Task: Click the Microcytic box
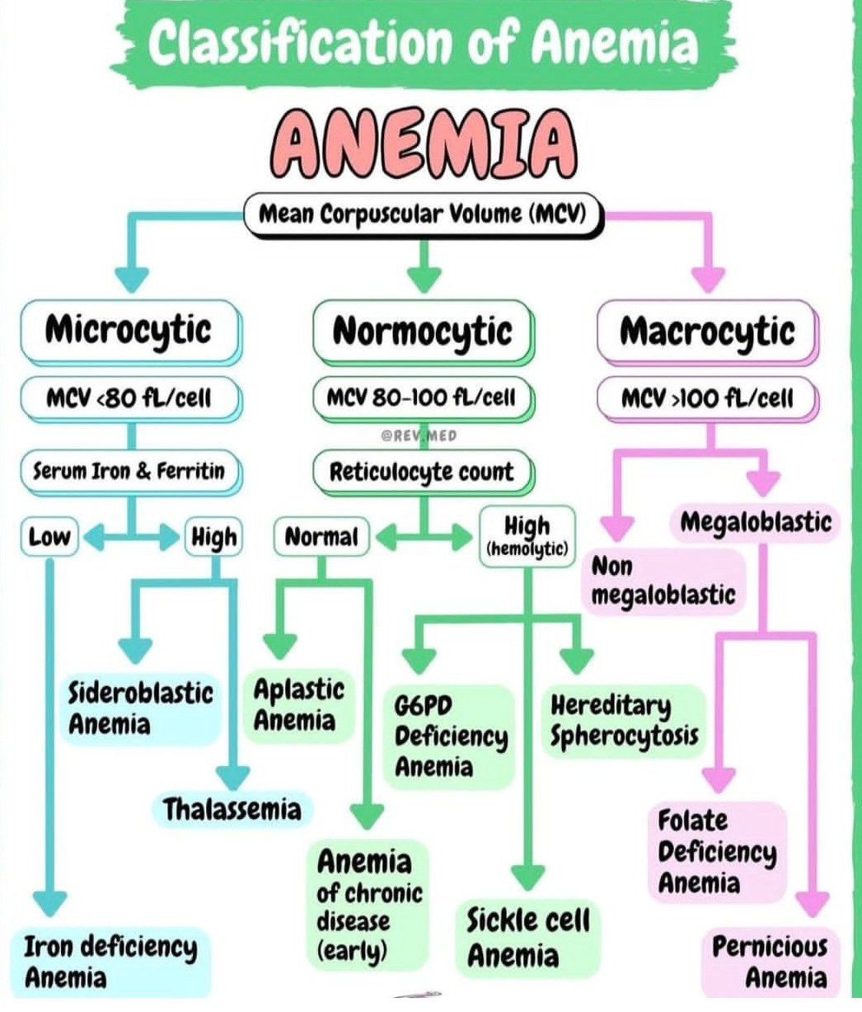(129, 332)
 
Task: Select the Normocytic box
(422, 332)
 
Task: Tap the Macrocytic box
(706, 332)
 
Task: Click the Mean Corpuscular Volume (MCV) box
(422, 214)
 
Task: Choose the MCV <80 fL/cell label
(129, 398)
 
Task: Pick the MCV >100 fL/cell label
(706, 398)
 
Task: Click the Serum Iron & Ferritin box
(128, 471)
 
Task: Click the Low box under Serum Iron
(49, 538)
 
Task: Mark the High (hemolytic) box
(527, 536)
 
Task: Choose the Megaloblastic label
(756, 522)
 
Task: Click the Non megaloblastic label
(663, 581)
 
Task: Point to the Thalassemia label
(232, 809)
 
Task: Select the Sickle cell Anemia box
(528, 938)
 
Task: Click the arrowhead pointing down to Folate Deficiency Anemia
(719, 778)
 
